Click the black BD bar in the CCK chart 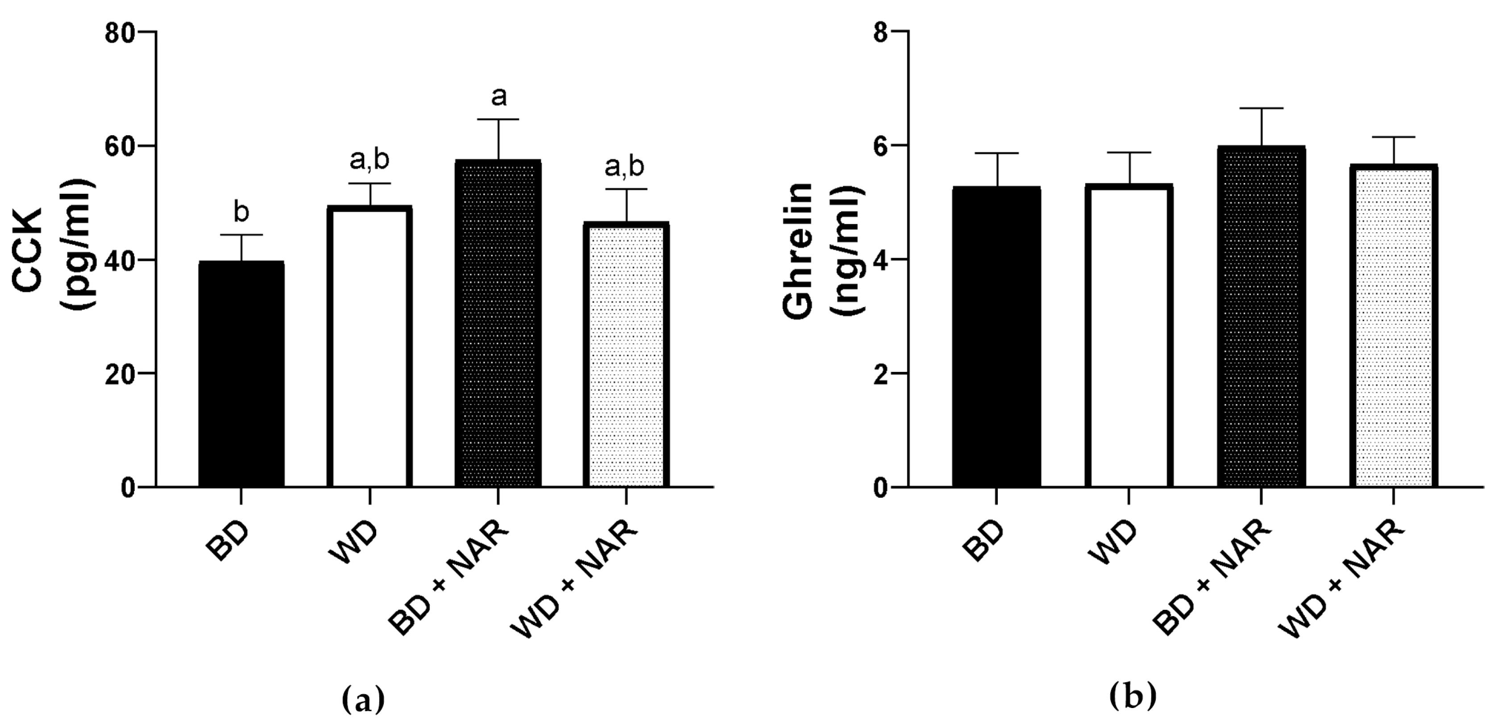[241, 373]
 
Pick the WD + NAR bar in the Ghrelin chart [1393, 327]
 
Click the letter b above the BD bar [241, 213]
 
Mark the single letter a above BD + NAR [498, 97]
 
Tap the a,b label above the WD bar [369, 160]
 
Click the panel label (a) [363, 699]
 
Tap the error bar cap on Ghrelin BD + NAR [1261, 108]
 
